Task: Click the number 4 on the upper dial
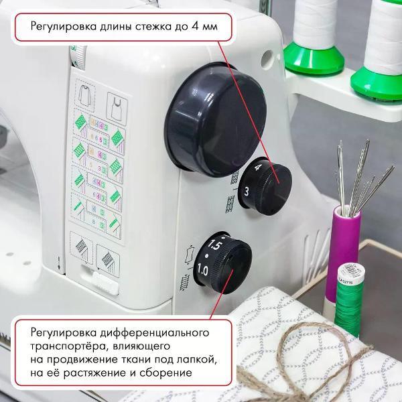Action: (x=258, y=170)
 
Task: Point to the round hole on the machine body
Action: (x=267, y=56)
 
